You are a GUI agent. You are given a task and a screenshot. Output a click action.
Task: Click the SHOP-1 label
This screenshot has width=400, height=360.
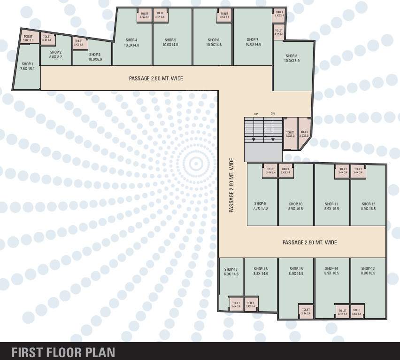[27, 64]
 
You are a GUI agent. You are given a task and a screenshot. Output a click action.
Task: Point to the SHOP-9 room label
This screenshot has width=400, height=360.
[260, 204]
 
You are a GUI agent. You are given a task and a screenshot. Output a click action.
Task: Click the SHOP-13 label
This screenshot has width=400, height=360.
[368, 268]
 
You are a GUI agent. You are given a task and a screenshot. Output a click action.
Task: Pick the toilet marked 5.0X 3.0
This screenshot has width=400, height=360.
[28, 39]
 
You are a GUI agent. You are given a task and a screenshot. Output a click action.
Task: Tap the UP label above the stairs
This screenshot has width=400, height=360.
[256, 114]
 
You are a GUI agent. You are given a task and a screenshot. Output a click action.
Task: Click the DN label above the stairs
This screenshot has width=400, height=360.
[272, 114]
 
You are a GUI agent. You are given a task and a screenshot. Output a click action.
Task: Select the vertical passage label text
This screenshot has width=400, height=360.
[231, 185]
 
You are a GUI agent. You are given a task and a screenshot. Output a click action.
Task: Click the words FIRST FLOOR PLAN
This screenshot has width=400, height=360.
[63, 352]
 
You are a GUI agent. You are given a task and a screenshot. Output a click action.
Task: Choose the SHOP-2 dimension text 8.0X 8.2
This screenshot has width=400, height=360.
[56, 57]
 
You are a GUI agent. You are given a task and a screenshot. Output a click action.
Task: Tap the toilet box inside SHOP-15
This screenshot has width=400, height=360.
[305, 312]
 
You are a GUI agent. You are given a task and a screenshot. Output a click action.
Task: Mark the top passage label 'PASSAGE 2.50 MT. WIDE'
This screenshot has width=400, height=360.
[156, 78]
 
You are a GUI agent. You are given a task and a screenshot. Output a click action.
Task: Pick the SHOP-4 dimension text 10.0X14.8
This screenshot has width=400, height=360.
[131, 45]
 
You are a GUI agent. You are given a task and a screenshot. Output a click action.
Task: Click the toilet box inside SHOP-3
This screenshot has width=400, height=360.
[78, 43]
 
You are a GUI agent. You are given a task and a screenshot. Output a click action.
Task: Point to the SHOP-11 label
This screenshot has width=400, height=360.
[331, 204]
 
